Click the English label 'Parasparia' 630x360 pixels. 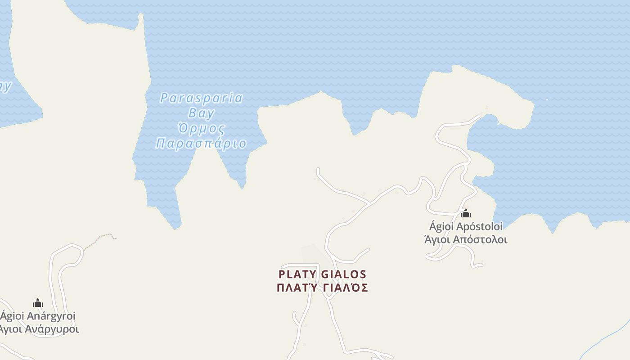coord(201,98)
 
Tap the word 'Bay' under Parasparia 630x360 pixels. coord(201,112)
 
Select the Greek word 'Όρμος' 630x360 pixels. coord(201,128)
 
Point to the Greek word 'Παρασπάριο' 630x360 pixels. coord(201,144)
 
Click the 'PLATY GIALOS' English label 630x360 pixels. coord(322,274)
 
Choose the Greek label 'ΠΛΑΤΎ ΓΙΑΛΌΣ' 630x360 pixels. coord(322,288)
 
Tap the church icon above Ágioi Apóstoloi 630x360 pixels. coord(466,213)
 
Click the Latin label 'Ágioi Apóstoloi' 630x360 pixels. coord(466,226)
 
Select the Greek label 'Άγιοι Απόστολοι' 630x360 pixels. coord(466,239)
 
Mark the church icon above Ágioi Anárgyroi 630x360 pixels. coord(38,303)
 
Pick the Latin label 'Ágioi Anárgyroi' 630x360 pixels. coord(38,316)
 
